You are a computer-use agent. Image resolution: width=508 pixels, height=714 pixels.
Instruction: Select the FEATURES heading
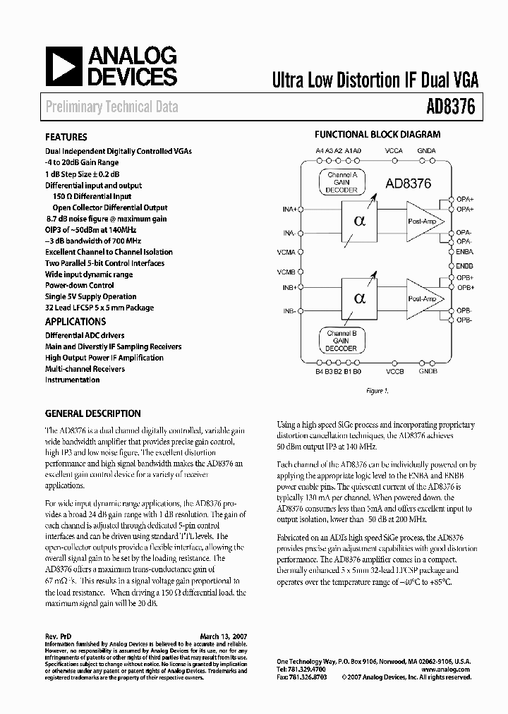coord(66,138)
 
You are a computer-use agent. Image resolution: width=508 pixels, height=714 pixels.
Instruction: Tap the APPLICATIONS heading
coord(75,322)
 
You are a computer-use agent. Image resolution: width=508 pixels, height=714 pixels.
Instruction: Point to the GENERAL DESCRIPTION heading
coord(93,414)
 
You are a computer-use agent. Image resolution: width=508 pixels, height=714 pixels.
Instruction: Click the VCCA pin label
coord(394,151)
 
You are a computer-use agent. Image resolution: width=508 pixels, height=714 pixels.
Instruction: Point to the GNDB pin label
coord(428,371)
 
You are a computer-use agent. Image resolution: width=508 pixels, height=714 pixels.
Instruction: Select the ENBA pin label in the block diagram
coord(464,252)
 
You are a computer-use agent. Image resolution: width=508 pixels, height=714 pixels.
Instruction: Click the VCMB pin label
coord(286,272)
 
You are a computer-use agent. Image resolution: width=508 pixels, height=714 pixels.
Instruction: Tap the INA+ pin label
coord(289,210)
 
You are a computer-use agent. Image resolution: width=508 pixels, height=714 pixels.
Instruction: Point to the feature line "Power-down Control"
coord(80,286)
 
